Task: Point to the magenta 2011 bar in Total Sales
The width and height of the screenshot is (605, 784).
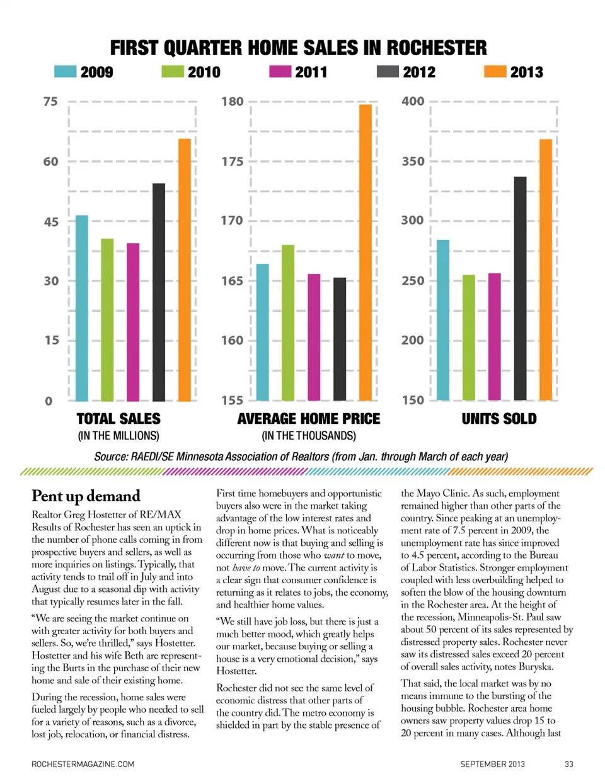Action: [133, 322]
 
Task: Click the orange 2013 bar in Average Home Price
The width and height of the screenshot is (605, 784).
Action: [366, 252]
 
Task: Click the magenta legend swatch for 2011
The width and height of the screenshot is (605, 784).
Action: [280, 72]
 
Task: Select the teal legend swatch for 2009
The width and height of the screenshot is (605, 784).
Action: [65, 72]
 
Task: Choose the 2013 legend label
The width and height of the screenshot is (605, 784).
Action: [526, 72]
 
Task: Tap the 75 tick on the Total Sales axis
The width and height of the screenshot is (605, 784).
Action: [50, 101]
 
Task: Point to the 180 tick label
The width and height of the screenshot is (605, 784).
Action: [232, 101]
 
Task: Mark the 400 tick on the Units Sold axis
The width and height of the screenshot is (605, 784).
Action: [413, 101]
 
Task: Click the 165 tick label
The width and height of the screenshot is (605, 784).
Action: [232, 281]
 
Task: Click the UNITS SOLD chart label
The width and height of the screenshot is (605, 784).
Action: [499, 419]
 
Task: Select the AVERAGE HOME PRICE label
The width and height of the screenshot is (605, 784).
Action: [309, 419]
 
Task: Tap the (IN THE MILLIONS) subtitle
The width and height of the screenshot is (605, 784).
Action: [118, 436]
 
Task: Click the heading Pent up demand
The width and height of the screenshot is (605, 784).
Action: [86, 496]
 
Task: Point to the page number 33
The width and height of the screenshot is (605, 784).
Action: [568, 764]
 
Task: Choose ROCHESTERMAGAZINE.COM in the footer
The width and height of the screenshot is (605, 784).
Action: [83, 764]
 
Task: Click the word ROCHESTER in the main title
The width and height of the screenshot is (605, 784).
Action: [436, 48]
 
